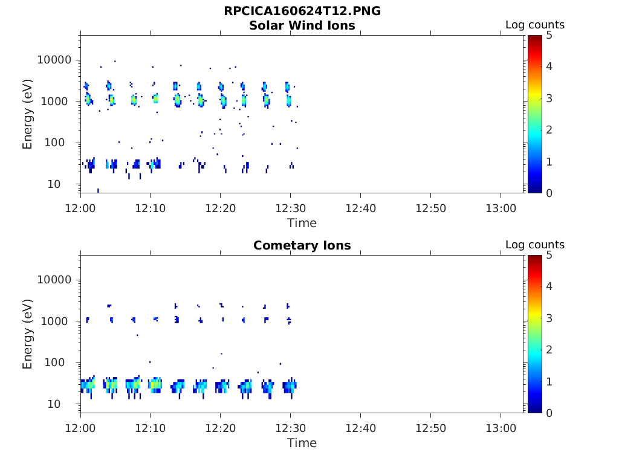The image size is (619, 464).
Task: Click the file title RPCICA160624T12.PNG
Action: pos(302,11)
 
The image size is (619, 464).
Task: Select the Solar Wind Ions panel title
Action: pos(302,25)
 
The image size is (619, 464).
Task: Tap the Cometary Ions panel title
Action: pos(302,245)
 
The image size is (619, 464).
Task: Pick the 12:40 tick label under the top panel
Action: pos(360,208)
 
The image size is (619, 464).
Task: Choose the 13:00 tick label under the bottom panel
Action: pos(501,428)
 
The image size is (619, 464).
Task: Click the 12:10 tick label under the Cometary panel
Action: pos(150,428)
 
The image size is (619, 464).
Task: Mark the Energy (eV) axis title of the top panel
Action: pos(28,114)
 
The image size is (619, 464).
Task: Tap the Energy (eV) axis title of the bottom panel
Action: pos(28,334)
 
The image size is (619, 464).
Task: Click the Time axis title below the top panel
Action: pos(302,223)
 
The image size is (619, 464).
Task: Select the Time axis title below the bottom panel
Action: pos(302,443)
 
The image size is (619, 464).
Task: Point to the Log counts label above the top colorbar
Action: pos(535,25)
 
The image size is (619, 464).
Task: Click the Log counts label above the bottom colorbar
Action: pos(535,245)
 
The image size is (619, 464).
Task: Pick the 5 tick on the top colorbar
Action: pos(549,35)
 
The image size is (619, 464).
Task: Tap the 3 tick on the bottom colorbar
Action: pos(549,318)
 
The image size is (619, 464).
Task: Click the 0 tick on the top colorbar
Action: pos(549,193)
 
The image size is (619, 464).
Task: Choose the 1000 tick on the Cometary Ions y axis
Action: pos(59,321)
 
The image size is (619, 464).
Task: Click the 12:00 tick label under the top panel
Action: pos(80,208)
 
